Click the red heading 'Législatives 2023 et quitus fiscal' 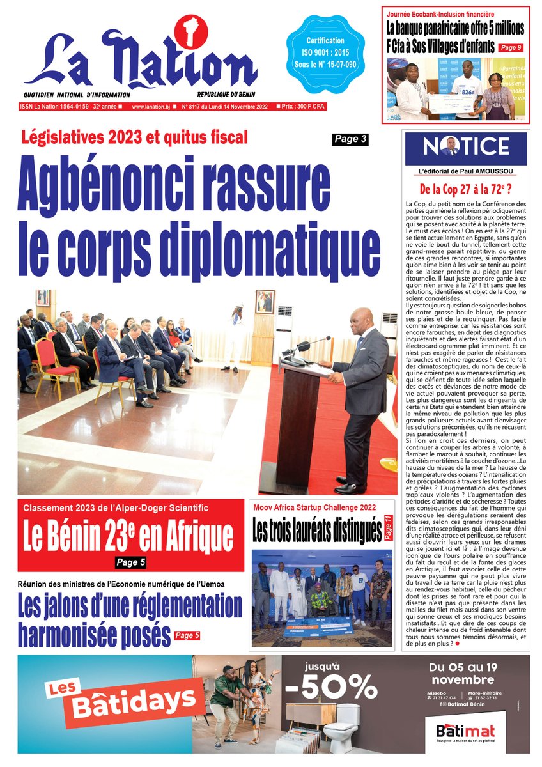click(134, 136)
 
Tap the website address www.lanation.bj click(150, 107)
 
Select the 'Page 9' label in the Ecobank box click(511, 47)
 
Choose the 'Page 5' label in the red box click(131, 562)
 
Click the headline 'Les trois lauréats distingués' click(316, 531)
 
